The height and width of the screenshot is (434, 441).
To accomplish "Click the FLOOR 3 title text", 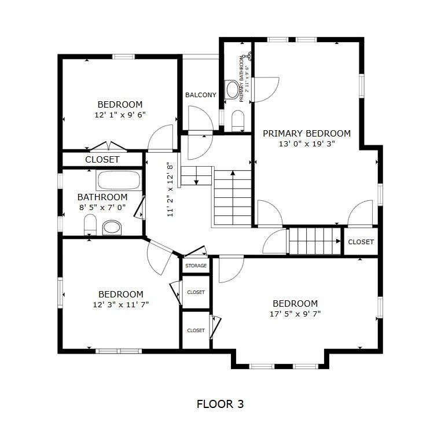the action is point(220,404).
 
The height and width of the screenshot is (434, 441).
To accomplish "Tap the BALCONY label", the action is point(201,95).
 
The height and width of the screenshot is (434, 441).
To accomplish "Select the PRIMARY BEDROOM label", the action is point(307,133).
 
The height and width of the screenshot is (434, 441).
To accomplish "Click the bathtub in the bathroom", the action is point(119,180).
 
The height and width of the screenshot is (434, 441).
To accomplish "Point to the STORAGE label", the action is point(196,266).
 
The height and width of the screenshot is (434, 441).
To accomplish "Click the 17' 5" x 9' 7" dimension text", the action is point(295,314).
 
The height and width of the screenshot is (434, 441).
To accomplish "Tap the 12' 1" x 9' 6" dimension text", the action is point(120,115).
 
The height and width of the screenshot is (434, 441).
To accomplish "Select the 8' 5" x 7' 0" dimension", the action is point(102,207).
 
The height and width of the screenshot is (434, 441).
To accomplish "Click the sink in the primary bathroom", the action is point(233,89).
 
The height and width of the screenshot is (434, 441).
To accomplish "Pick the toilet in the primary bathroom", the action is point(238,121).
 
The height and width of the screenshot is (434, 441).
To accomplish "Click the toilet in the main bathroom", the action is point(90,225).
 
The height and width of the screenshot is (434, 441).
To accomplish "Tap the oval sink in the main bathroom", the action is point(112,227).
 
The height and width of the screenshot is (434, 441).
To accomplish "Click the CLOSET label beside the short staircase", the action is point(361,242).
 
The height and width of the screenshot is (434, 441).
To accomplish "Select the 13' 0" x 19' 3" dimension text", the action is point(307,144).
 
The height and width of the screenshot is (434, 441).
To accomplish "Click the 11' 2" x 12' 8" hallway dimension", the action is point(170,189).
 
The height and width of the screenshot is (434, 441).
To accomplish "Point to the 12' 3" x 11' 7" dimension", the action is point(121,304).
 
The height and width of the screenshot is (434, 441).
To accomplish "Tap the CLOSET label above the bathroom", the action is point(102,160).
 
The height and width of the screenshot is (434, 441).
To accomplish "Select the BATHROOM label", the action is point(102,197).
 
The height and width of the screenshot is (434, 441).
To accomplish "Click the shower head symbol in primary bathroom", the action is point(249,56).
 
